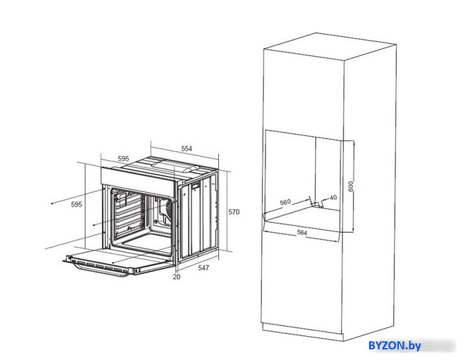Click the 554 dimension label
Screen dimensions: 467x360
click(187, 149)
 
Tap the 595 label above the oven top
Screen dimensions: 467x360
click(123, 159)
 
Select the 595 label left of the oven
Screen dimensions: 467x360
click(77, 205)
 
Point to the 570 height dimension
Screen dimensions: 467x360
click(233, 212)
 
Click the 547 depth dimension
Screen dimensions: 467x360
click(203, 268)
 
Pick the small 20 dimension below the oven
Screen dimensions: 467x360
click(177, 277)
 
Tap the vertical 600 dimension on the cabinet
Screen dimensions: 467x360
click(351, 186)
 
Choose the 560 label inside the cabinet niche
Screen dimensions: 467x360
click(285, 202)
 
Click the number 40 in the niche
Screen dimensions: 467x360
click(333, 197)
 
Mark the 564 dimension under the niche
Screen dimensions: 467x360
click(302, 233)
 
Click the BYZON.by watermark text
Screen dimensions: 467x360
click(395, 346)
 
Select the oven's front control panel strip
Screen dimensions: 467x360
click(137, 181)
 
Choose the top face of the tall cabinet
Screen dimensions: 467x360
click(330, 46)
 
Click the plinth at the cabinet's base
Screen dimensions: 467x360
click(302, 332)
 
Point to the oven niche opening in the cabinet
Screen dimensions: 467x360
click(302, 175)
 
